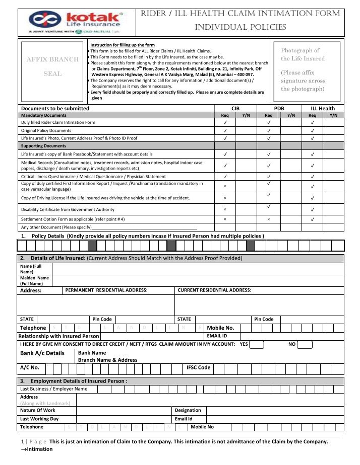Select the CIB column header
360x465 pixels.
[235, 108]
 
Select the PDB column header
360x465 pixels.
[279, 108]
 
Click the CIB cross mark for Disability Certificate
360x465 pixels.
[225, 209]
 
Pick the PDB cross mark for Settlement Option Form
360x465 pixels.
[268, 220]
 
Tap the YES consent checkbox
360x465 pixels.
[257, 345]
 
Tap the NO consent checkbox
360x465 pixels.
[305, 345]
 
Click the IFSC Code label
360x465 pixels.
[198, 368]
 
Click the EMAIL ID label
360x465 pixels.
[217, 336]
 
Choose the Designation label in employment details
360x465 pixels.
[188, 410]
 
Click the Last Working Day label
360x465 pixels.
[39, 419]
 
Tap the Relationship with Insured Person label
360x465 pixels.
[58, 336]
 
